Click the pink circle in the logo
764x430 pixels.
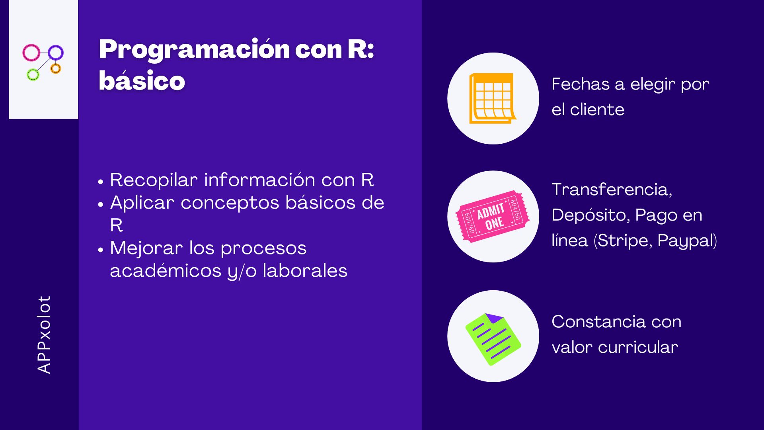pyautogui.click(x=23, y=53)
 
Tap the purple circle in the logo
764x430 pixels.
pyautogui.click(x=49, y=53)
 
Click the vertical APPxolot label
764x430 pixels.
pyautogui.click(x=44, y=334)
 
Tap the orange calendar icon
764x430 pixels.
pyautogui.click(x=493, y=98)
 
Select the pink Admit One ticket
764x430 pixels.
pyautogui.click(x=493, y=216)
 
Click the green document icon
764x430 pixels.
pyautogui.click(x=493, y=339)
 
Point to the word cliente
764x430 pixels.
pyautogui.click(x=597, y=109)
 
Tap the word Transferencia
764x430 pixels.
pyautogui.click(x=612, y=190)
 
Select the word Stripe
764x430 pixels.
pyautogui.click(x=625, y=241)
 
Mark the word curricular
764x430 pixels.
pyautogui.click(x=638, y=347)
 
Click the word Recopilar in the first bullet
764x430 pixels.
pyautogui.click(x=154, y=180)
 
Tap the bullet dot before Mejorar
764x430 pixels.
pyautogui.click(x=101, y=250)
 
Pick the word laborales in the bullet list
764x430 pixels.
pyautogui.click(x=305, y=271)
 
